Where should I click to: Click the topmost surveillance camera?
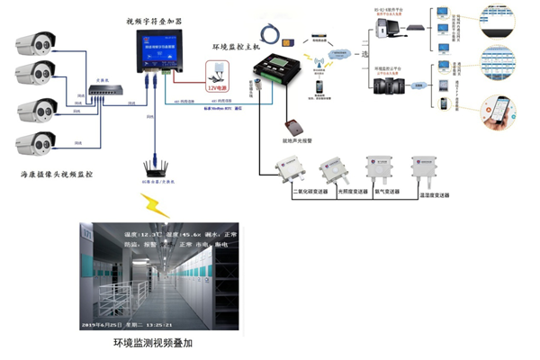point(39,41)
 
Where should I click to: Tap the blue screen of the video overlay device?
point(157,50)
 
